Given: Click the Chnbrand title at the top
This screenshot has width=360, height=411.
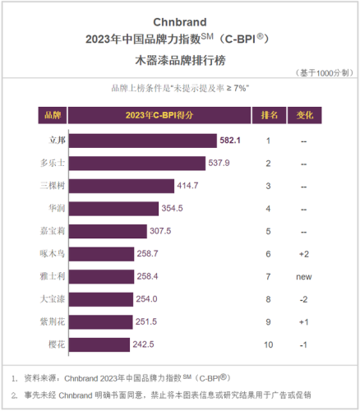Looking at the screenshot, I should [x=180, y=21].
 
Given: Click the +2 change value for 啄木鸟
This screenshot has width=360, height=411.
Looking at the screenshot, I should [x=303, y=254].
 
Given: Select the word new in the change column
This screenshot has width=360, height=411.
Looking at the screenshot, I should [x=303, y=277].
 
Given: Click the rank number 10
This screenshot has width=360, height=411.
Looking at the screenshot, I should [x=268, y=344].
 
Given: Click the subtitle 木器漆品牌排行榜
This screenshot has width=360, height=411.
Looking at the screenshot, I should [x=180, y=59].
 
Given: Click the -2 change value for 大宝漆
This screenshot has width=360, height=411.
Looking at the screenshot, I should [x=303, y=299].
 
